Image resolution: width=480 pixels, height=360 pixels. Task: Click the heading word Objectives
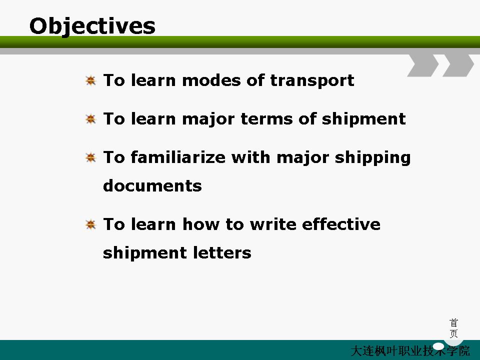(x=92, y=26)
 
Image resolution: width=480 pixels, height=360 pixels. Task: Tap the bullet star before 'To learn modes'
(x=90, y=80)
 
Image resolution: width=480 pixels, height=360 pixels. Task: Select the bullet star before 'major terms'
(x=90, y=119)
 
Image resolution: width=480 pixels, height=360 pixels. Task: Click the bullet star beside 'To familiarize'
(x=90, y=157)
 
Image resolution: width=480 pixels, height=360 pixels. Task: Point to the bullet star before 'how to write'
(x=90, y=224)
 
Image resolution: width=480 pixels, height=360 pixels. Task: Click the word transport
(x=312, y=81)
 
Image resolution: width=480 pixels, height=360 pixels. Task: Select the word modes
(x=211, y=80)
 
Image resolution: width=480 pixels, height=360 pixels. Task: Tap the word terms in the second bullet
(x=267, y=119)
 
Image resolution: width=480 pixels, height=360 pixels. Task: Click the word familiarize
(x=178, y=157)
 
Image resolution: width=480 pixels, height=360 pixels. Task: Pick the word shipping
(x=372, y=158)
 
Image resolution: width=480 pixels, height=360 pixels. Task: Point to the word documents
(x=152, y=185)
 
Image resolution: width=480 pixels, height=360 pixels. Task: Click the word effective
(x=341, y=224)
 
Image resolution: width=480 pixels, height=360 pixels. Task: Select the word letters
(x=222, y=253)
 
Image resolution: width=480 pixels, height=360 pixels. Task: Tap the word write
(x=273, y=224)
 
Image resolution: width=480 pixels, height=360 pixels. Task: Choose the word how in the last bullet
(x=201, y=224)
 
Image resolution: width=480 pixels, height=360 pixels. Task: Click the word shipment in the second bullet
(x=363, y=119)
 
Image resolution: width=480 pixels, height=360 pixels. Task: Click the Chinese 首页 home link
(x=453, y=328)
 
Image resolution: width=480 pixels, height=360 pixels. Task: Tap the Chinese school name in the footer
(x=410, y=351)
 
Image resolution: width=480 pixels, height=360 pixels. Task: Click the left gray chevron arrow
(x=423, y=65)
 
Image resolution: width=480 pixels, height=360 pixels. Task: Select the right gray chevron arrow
(x=458, y=65)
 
